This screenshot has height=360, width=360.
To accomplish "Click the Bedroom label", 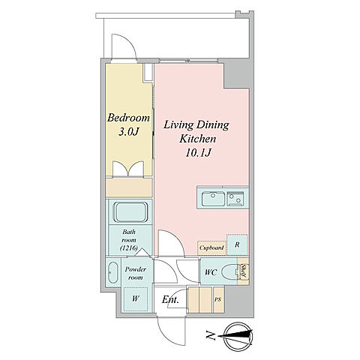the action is click(x=128, y=118).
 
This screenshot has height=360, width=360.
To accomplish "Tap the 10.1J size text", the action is click(x=197, y=153).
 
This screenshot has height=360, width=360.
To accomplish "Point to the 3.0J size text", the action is click(x=128, y=132).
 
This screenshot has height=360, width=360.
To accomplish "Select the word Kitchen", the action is click(x=198, y=139).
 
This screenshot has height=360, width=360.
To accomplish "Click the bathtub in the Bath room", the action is click(x=130, y=212).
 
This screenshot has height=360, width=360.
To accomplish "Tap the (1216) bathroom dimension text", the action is click(x=129, y=248).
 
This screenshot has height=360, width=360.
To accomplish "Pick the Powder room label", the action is click(x=136, y=273).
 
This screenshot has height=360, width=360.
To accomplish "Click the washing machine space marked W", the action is click(x=136, y=299).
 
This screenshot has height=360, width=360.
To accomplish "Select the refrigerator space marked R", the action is click(x=237, y=244).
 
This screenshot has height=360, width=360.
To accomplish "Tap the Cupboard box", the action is click(x=211, y=247).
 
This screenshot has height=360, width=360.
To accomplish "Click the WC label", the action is click(x=211, y=272).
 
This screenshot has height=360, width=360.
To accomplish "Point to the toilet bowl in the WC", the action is click(x=229, y=272).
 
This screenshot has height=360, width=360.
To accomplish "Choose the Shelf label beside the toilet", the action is click(x=243, y=271).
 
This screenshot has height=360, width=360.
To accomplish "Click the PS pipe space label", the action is click(x=218, y=299).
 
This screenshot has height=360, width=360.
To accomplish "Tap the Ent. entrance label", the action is click(x=170, y=299).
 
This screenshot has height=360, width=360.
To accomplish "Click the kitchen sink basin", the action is click(x=213, y=199).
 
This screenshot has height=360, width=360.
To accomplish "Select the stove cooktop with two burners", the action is click(x=235, y=199).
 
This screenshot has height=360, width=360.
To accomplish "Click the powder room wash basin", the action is click(x=113, y=272).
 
